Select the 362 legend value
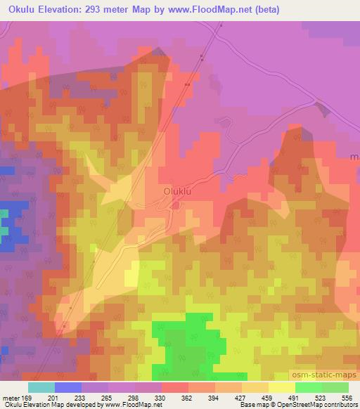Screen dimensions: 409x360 [x=186, y=398]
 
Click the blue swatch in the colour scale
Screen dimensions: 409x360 [x=68, y=387]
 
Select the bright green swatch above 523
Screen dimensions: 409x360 [x=309, y=387]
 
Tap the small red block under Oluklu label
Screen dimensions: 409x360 [x=175, y=204]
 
